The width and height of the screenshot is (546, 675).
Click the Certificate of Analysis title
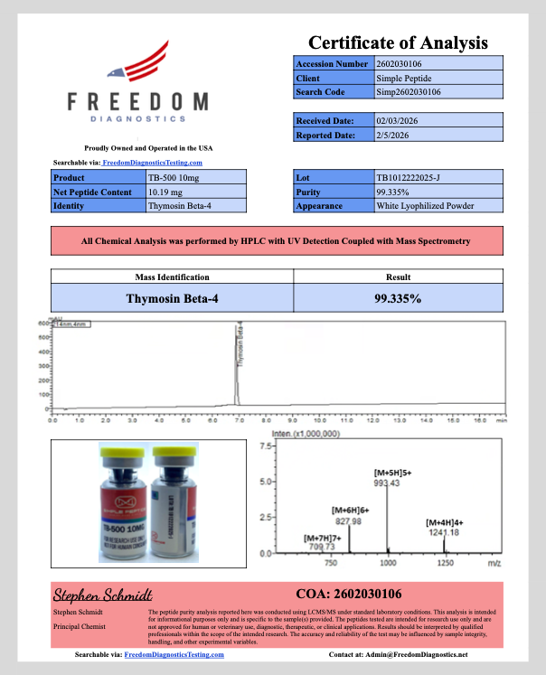coord(398,42)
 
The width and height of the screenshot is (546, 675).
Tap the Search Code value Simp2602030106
coord(409,92)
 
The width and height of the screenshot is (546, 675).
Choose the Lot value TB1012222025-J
coord(409,178)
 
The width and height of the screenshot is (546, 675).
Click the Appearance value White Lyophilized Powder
coord(424,206)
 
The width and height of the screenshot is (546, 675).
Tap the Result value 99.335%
coord(397,297)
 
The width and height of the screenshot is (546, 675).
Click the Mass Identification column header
coord(172,277)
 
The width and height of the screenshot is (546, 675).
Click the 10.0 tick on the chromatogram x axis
coord(319,420)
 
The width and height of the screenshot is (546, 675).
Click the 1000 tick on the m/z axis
coord(388,563)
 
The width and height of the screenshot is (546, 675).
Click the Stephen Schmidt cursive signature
coord(102,595)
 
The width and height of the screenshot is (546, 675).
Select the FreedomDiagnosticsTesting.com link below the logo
coord(151,162)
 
